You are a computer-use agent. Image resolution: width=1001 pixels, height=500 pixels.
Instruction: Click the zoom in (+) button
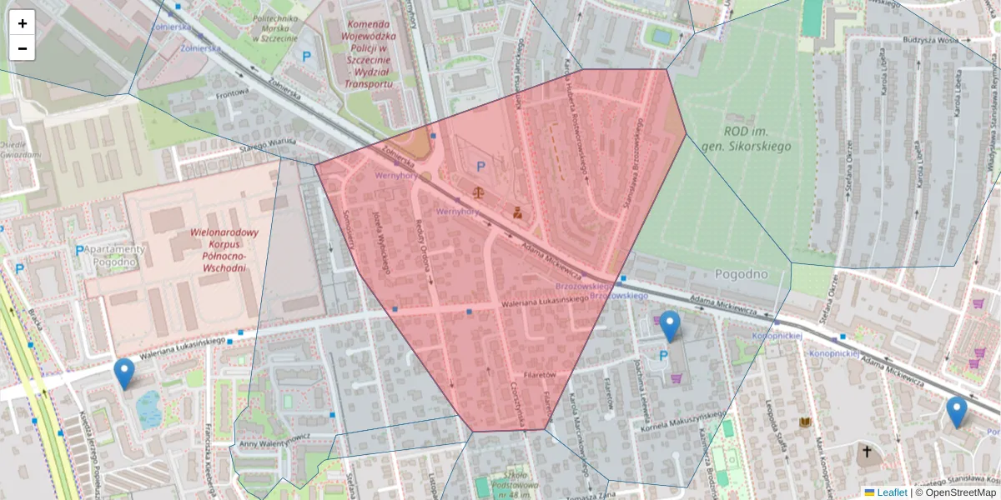pos(23,23)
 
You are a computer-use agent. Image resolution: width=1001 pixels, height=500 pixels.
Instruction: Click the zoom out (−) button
pos(23,48)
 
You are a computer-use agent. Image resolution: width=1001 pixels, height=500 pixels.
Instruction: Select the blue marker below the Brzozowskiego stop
pos(670,326)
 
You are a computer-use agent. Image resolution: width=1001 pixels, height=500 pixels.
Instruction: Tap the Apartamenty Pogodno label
pos(115,255)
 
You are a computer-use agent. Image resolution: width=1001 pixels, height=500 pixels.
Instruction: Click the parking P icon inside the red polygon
pos(480,167)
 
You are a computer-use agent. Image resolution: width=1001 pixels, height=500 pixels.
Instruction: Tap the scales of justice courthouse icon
pos(477,192)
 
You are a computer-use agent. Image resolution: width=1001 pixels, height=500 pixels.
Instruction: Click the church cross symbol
pos(867,452)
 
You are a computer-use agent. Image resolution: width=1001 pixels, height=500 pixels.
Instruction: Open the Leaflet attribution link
pos(892,492)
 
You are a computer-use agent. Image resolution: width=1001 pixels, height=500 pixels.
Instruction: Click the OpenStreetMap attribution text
pos(955,492)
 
